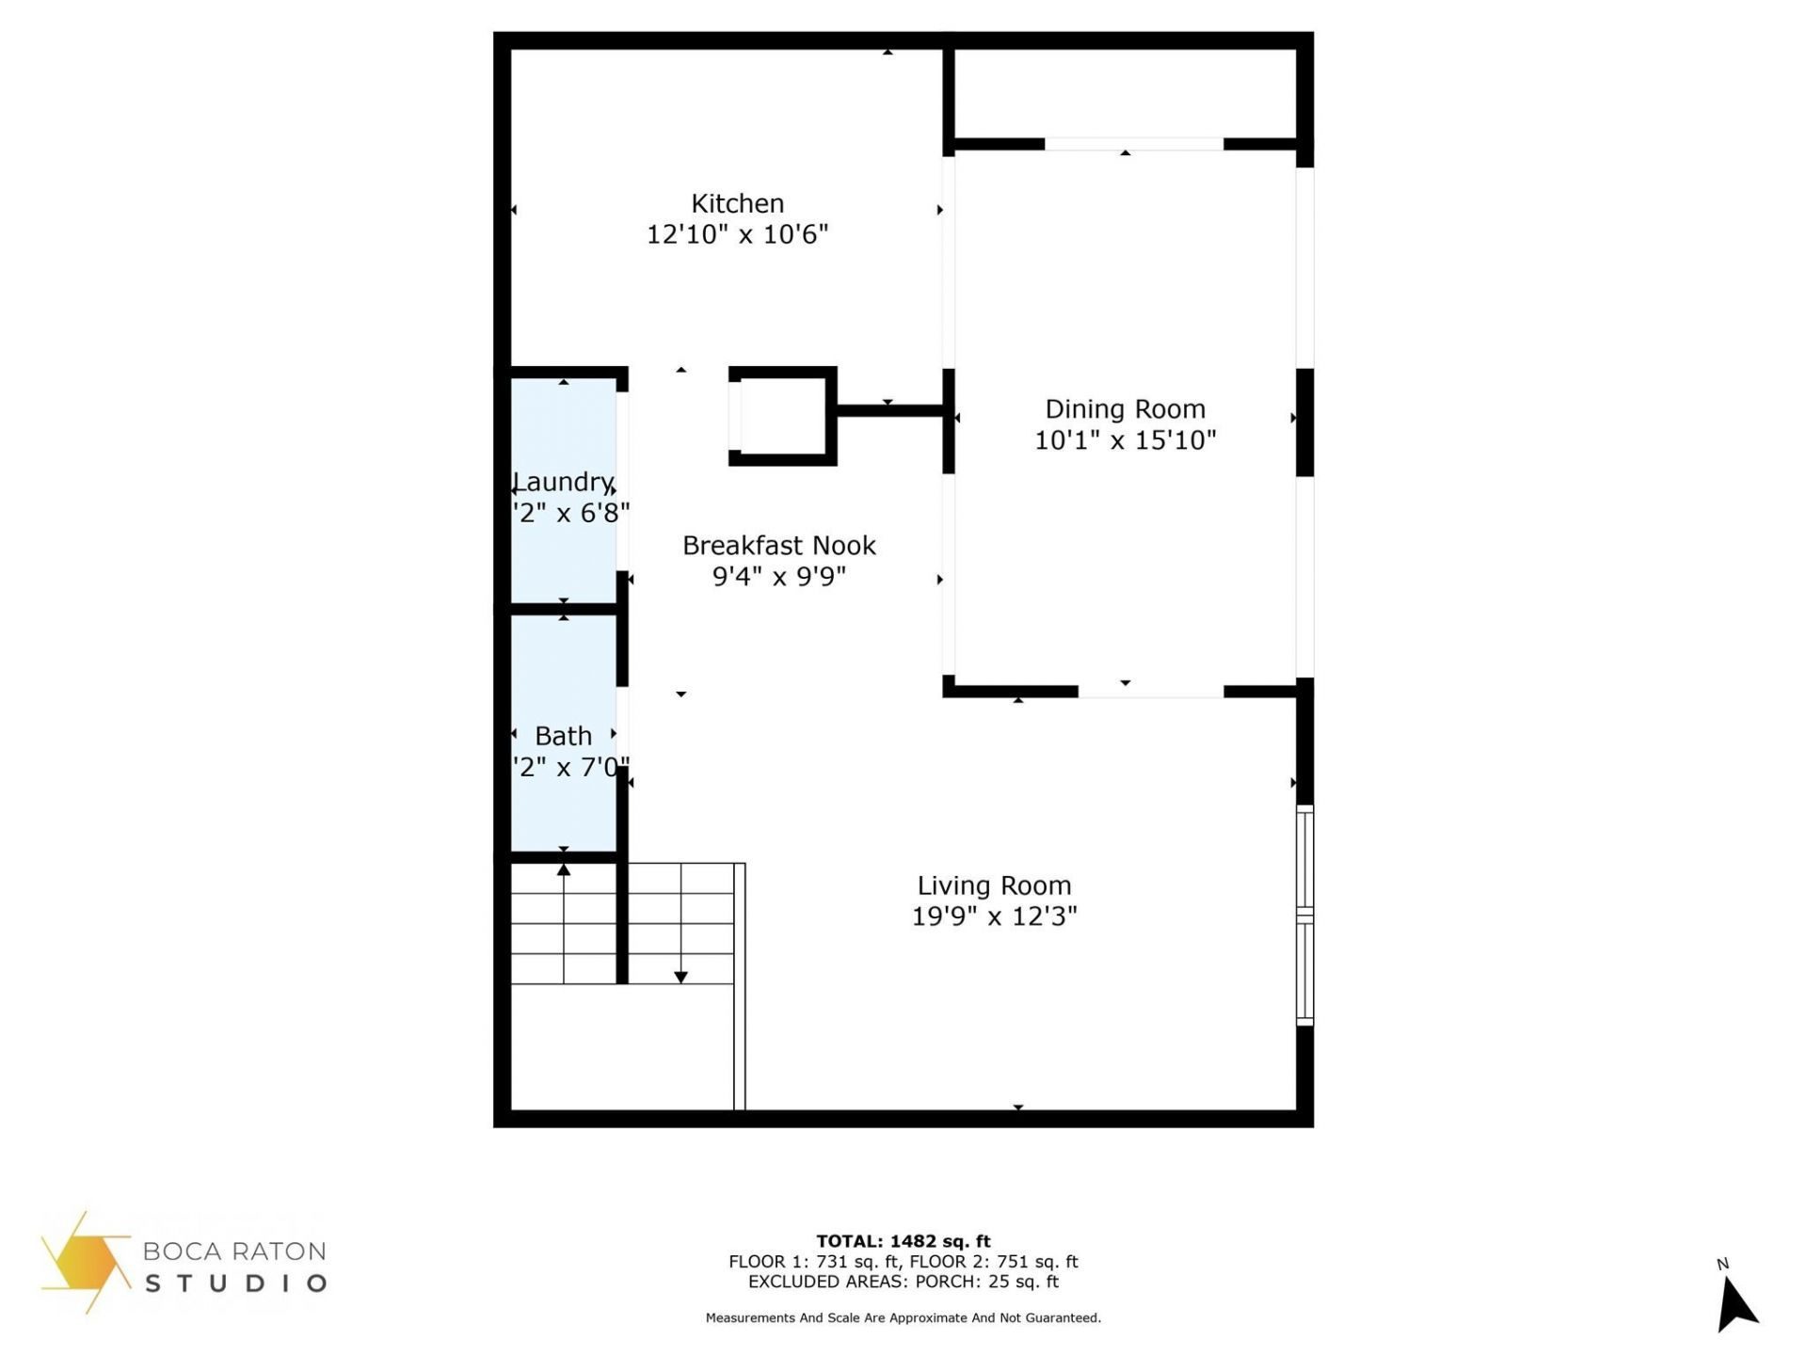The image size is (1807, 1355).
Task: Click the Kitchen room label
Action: pyautogui.click(x=737, y=203)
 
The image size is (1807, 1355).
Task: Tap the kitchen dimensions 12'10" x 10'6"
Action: pyautogui.click(x=737, y=234)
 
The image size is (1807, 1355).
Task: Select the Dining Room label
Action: pyautogui.click(x=1125, y=409)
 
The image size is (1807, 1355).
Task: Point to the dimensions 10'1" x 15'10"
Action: pyautogui.click(x=1125, y=440)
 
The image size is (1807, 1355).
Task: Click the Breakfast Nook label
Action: pyautogui.click(x=778, y=546)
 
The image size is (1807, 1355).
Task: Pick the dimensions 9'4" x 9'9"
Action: pyautogui.click(x=778, y=576)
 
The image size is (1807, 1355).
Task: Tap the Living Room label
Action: pyautogui.click(x=994, y=885)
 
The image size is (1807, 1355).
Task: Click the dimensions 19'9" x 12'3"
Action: pyautogui.click(x=994, y=917)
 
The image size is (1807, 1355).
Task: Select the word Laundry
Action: pyautogui.click(x=563, y=482)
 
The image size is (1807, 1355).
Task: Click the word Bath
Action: pyautogui.click(x=563, y=736)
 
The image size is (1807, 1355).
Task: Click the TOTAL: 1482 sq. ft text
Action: pyautogui.click(x=903, y=1241)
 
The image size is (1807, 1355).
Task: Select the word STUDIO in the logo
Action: pyautogui.click(x=235, y=1283)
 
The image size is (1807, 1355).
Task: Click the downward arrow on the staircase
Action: pyautogui.click(x=680, y=976)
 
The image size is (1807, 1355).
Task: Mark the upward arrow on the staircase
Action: pyautogui.click(x=564, y=870)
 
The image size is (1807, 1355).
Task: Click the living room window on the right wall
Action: pyautogui.click(x=1304, y=915)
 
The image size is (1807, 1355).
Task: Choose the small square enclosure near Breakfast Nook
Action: pyautogui.click(x=782, y=416)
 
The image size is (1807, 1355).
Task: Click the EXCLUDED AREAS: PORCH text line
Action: pyautogui.click(x=903, y=1282)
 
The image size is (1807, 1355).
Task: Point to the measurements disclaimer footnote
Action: pyautogui.click(x=903, y=1318)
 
